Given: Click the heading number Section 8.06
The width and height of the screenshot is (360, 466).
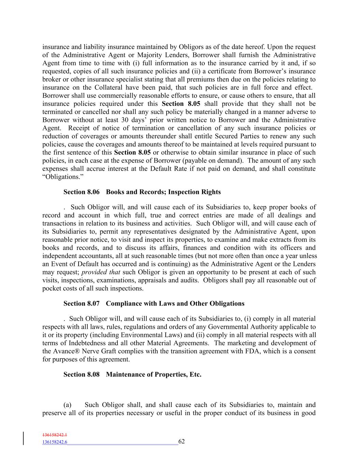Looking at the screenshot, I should [81, 192].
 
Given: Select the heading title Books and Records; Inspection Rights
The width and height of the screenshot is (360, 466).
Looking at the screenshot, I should [163, 192].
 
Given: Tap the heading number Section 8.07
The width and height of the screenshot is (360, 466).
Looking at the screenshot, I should [81, 303].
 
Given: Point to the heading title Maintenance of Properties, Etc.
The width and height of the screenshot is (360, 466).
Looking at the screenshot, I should [154, 375].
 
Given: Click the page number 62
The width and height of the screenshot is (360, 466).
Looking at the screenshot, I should [182, 441].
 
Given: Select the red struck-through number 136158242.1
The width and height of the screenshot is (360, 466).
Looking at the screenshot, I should [55, 435].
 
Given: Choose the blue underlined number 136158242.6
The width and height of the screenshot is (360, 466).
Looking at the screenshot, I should [55, 442].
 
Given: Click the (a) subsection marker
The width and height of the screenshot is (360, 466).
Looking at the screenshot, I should [67, 405].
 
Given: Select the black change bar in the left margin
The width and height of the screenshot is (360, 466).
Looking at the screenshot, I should [24, 439].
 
